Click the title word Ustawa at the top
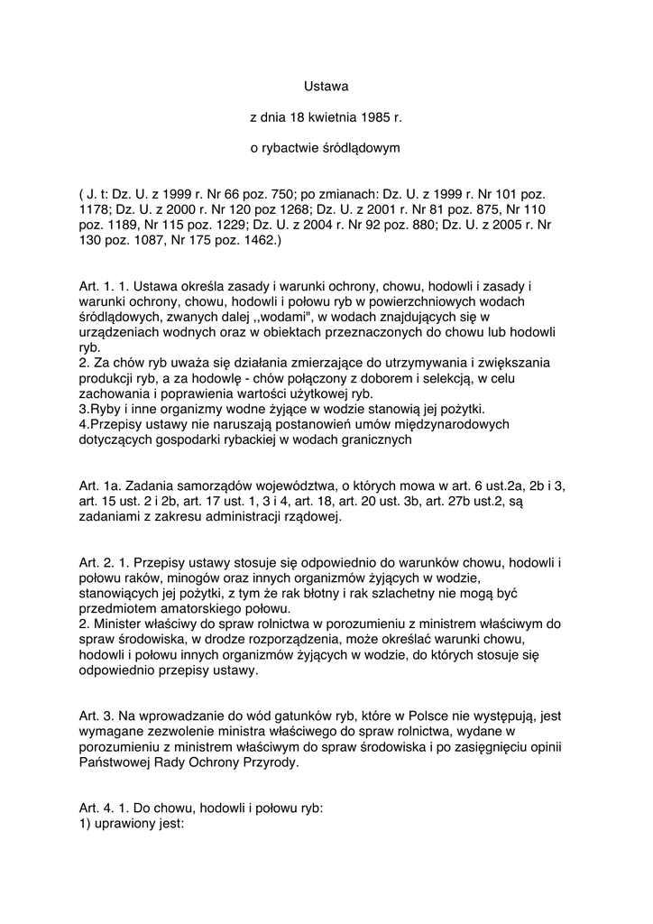pos(326,87)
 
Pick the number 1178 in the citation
pos(94,210)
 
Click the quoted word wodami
pos(256,318)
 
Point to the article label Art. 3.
pos(97,716)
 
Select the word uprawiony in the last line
pos(126,824)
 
